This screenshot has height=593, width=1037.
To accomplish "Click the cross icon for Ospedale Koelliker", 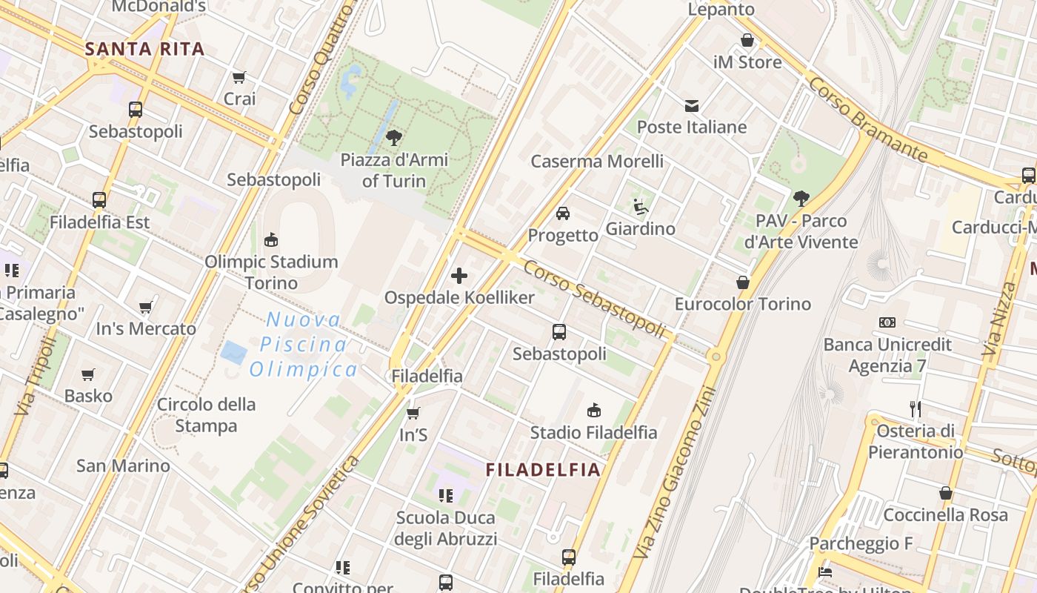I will [459, 276].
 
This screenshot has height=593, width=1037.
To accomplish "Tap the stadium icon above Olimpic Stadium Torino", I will [271, 239].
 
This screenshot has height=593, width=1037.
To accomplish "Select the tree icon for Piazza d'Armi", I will [394, 137].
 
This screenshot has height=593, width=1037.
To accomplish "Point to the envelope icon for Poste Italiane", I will [692, 105].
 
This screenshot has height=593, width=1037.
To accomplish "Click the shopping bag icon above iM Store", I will [747, 40].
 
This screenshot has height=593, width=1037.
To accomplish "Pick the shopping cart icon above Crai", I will [239, 77].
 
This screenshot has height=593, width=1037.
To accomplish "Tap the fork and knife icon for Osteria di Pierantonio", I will [916, 408].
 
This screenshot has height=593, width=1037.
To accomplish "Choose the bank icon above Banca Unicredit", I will [887, 322].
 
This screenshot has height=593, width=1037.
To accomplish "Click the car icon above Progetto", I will [563, 213].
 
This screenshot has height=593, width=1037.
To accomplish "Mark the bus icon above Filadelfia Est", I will [99, 199].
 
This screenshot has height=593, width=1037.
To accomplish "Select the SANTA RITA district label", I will [144, 50].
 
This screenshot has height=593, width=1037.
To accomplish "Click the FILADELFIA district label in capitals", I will [543, 469].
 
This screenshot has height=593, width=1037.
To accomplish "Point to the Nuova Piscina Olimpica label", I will [304, 345].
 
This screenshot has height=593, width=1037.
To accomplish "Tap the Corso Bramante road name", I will [867, 119].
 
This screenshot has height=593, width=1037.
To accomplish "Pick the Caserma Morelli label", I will [597, 161].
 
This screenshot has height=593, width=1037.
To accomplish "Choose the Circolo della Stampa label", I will [207, 415].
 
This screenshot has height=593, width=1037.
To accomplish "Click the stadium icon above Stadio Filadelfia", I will [593, 410].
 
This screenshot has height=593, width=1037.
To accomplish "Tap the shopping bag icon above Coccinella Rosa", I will [946, 493].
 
